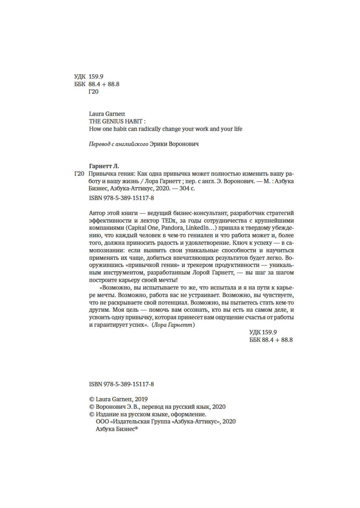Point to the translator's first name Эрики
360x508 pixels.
[158, 144]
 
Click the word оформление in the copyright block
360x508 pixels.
[190, 414]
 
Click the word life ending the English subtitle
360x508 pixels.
[238, 129]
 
